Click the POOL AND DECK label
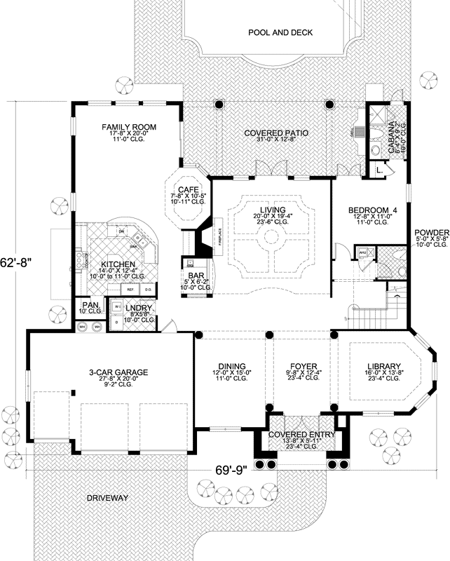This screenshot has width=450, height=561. (x=280, y=32)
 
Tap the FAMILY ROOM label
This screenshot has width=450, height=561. (x=128, y=127)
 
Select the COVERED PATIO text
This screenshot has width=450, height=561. (x=276, y=133)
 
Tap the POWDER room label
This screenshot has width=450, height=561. (x=430, y=233)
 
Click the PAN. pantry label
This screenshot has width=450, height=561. (x=89, y=305)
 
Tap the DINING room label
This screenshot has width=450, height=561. (x=231, y=366)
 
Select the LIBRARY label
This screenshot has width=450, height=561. (x=383, y=366)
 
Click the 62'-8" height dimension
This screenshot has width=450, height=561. (x=19, y=259)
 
